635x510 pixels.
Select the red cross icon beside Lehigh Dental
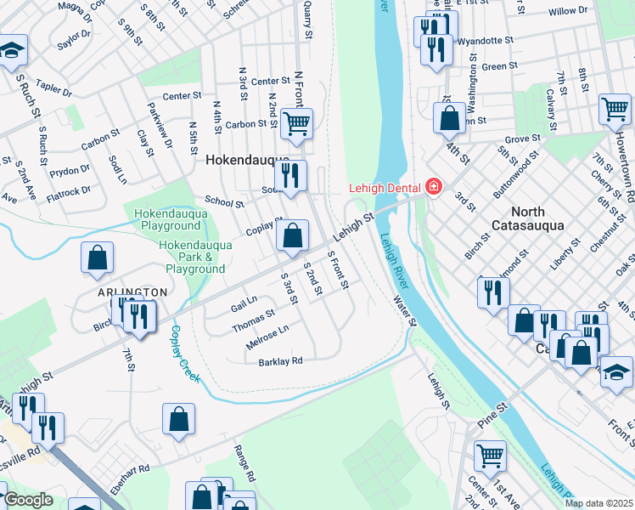tap(434, 186)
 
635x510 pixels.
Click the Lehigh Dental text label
tap(387, 187)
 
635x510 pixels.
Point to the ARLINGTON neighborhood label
tap(132, 292)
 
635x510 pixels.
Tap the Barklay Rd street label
tap(280, 361)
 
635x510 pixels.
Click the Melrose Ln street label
tap(267, 336)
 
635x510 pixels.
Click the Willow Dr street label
tap(568, 12)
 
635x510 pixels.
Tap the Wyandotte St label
tap(486, 40)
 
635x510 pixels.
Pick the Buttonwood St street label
tap(520, 170)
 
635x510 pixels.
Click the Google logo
tap(29, 501)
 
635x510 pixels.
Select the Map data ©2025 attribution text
tap(598, 503)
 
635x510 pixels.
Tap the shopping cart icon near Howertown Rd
tap(615, 110)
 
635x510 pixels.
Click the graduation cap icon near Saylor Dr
tap(12, 51)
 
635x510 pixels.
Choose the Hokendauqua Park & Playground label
tap(193, 257)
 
